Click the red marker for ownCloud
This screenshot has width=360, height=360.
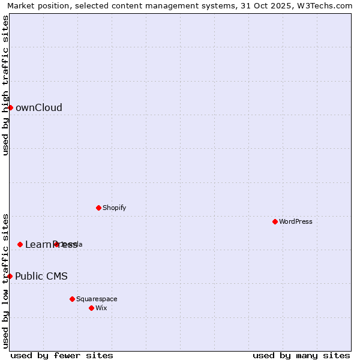click(10, 107)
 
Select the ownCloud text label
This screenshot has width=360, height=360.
click(38, 108)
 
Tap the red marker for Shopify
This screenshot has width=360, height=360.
click(98, 208)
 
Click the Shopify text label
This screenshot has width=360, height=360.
click(114, 208)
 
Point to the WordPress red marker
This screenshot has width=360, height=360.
click(275, 221)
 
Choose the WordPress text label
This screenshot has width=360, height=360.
click(295, 222)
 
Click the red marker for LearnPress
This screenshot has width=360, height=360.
click(20, 244)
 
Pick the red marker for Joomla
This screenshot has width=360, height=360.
click(56, 244)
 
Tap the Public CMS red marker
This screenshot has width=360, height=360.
click(10, 276)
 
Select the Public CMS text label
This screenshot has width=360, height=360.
click(41, 277)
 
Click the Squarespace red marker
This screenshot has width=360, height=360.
click(72, 299)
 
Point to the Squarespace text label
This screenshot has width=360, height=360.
click(97, 299)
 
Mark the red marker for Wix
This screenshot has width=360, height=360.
click(91, 308)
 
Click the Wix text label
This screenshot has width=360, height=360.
click(101, 308)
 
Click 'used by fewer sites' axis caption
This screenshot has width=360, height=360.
click(62, 355)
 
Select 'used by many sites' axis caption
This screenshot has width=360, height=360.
click(301, 355)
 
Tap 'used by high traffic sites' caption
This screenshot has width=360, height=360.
click(5, 85)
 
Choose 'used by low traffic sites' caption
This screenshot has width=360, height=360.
click(5, 280)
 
